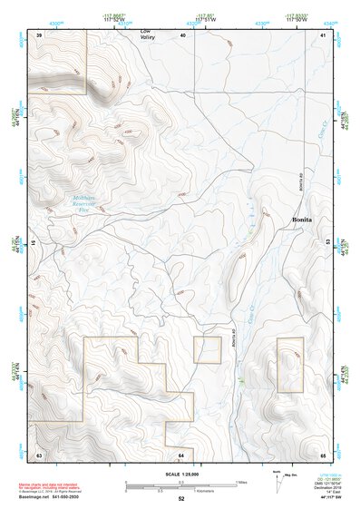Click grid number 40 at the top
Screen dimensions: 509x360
click(x=182, y=34)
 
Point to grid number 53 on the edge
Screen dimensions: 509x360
click(x=327, y=242)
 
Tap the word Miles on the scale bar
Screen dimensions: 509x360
click(x=242, y=482)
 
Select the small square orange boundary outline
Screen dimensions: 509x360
click(x=207, y=349)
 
